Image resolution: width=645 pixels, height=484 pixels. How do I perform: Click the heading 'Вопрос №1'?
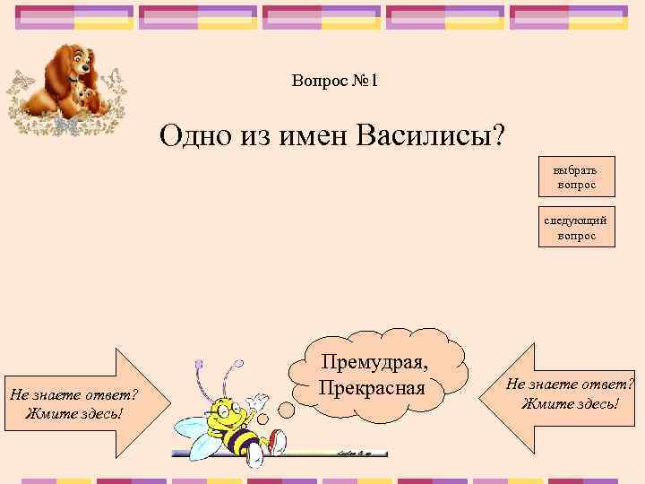(x=335, y=82)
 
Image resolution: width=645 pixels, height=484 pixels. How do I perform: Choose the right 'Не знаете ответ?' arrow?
(x=571, y=393)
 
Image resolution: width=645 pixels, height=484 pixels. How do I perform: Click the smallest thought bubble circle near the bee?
(x=265, y=421)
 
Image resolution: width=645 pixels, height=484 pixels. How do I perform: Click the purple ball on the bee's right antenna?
(x=238, y=365)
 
